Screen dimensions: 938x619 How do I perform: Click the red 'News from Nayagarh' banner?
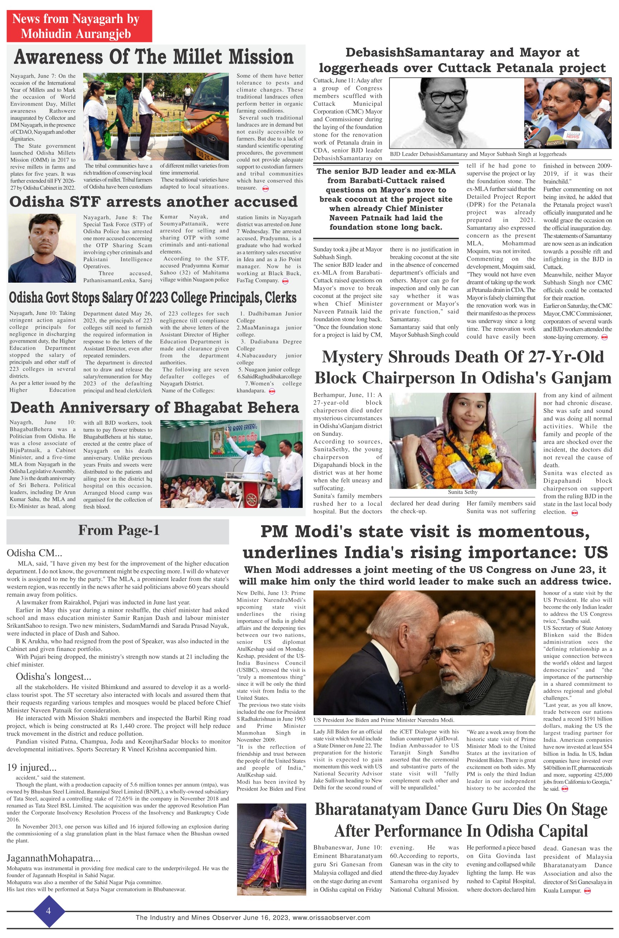[79, 26]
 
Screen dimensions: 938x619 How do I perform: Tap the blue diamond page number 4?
[48, 911]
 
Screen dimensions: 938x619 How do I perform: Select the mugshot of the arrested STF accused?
[42, 248]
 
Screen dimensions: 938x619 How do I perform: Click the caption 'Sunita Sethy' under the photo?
[462, 492]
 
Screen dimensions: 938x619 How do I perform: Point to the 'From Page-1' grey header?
[118, 530]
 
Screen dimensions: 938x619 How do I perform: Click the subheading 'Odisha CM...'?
[34, 553]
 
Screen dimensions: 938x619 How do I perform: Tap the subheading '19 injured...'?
[32, 767]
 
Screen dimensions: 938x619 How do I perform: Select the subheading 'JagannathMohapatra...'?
[53, 858]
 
